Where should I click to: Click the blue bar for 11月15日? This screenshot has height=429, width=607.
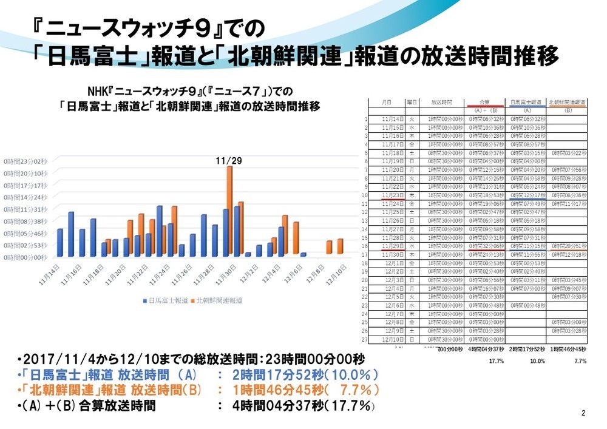(x=71, y=234)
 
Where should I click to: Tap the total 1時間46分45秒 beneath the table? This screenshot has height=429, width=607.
(x=568, y=351)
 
